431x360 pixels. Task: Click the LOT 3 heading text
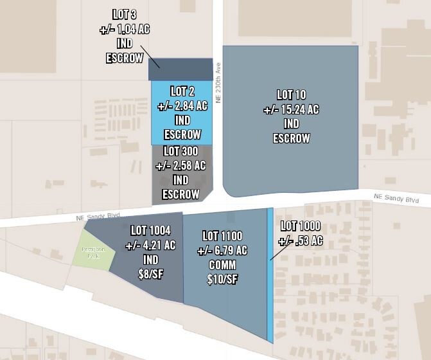[124, 15]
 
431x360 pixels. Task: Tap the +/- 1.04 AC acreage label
[124, 29]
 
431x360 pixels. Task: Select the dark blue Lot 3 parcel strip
[180, 69]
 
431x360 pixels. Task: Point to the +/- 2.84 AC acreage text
[183, 105]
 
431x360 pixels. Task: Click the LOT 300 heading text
[180, 151]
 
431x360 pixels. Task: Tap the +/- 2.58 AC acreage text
[180, 165]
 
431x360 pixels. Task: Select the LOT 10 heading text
[291, 95]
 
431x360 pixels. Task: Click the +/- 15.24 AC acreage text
[291, 109]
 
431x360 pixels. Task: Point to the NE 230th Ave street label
[218, 82]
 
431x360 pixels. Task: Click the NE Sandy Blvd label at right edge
[397, 199]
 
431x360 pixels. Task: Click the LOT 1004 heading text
[151, 230]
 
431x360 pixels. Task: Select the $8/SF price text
[151, 274]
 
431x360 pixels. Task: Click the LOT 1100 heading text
[222, 236]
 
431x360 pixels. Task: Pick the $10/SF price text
[222, 280]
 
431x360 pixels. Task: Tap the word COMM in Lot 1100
[222, 265]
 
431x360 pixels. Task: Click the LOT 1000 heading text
[301, 226]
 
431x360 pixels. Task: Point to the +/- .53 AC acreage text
[301, 241]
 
